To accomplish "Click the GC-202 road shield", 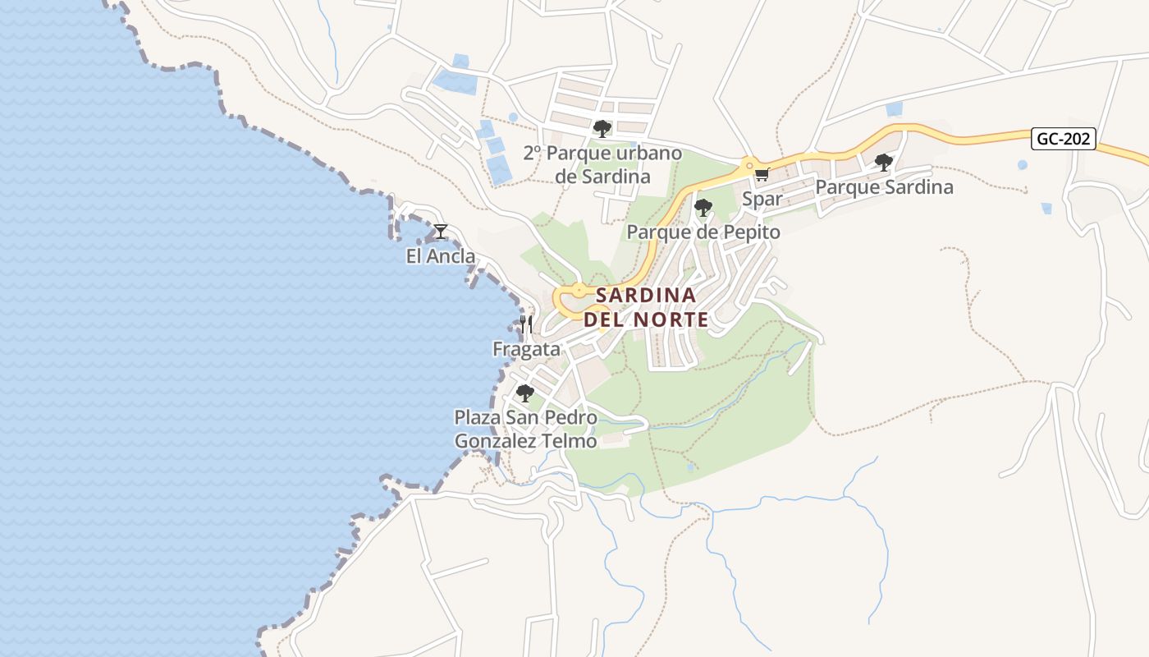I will click(1064, 139).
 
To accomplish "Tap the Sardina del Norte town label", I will click(646, 306).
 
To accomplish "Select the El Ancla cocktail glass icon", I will click(441, 232).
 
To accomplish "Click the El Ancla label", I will click(441, 256).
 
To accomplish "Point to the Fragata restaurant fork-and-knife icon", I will click(526, 324).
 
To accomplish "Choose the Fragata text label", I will click(526, 349).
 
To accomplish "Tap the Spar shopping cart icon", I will click(762, 174).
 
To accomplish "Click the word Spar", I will click(762, 199).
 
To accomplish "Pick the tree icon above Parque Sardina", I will click(883, 162).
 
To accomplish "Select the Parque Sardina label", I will click(884, 187).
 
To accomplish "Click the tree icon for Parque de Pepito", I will click(703, 207).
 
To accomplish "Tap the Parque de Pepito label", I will click(703, 232).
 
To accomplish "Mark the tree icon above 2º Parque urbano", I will click(602, 128).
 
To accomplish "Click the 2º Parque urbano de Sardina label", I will click(602, 164).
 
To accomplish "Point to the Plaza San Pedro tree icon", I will click(525, 393).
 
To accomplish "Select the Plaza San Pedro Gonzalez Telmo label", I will click(526, 429).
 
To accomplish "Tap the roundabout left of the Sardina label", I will click(579, 290).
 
